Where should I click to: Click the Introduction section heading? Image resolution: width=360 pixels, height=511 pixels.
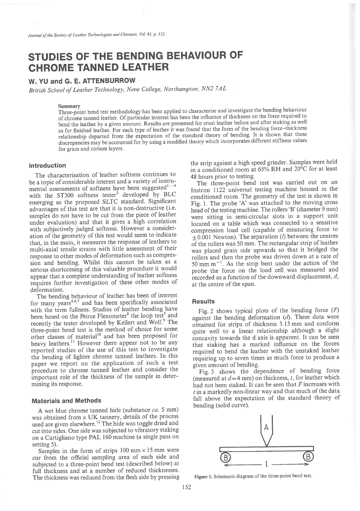tap(47, 165)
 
